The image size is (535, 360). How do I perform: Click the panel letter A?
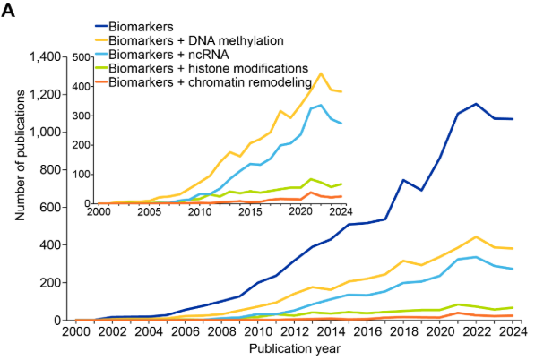tap(8, 11)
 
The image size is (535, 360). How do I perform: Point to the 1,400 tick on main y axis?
tap(45, 56)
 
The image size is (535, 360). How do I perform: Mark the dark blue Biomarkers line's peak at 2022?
tap(476, 104)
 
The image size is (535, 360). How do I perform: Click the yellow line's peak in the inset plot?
tap(321, 73)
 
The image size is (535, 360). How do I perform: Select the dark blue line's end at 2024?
tap(513, 119)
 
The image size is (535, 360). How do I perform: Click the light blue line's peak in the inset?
tap(321, 105)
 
